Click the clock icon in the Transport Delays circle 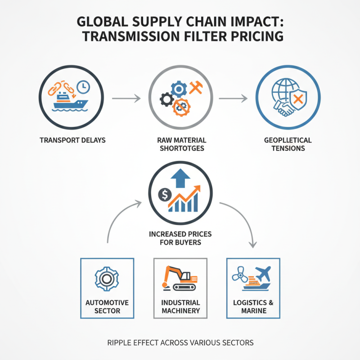pos(83,87)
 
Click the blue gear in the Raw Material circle pos(179,89)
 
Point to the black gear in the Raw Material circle pos(166,99)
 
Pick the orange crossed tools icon pos(196,88)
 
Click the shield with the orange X pos(298,100)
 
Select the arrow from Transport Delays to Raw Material pos(126,98)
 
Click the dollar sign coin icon pos(165,195)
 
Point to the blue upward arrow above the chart pos(180,178)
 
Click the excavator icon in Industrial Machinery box pos(180,279)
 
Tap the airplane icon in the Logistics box pos(263,274)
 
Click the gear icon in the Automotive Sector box pos(107,279)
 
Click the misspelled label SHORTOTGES pos(182,148)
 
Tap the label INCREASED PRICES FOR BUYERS pos(180,238)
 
